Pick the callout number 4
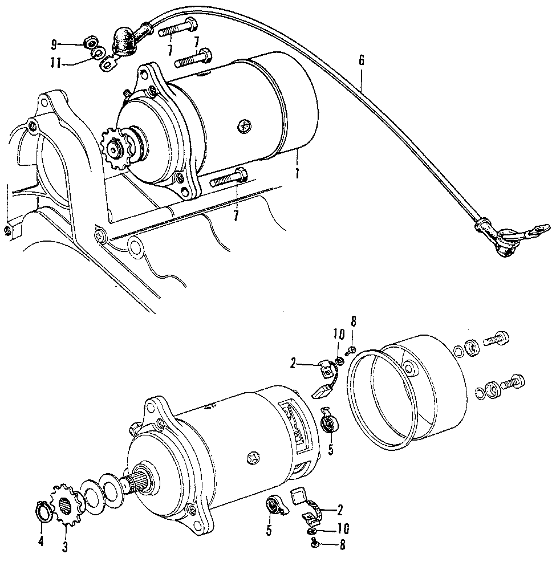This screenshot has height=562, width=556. point(40,541)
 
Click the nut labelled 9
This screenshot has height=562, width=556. point(89,43)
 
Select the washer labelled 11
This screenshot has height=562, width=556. point(98,55)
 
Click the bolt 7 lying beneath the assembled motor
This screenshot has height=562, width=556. point(228,181)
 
